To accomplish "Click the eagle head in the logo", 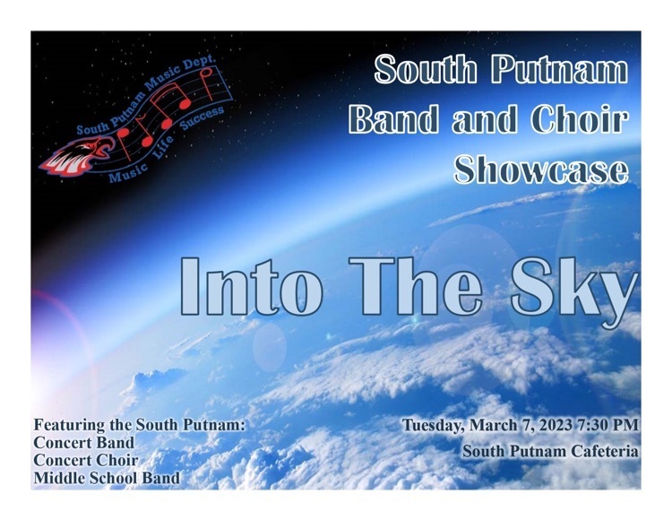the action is tap(77, 156).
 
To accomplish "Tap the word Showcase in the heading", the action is tap(541, 169).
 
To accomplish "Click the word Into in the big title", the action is tap(251, 287).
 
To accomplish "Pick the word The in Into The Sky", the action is tap(416, 287).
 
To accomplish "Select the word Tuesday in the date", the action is tap(434, 426).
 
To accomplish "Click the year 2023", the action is tap(556, 425).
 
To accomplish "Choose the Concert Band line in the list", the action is tap(84, 442).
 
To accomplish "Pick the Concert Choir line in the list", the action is tap(86, 460).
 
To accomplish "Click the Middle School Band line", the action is tap(107, 478).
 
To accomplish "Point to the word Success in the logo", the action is tap(202, 117).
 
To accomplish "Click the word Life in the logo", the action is tap(163, 147).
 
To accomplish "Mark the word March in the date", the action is tap(494, 425).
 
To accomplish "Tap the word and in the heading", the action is tap(484, 118).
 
